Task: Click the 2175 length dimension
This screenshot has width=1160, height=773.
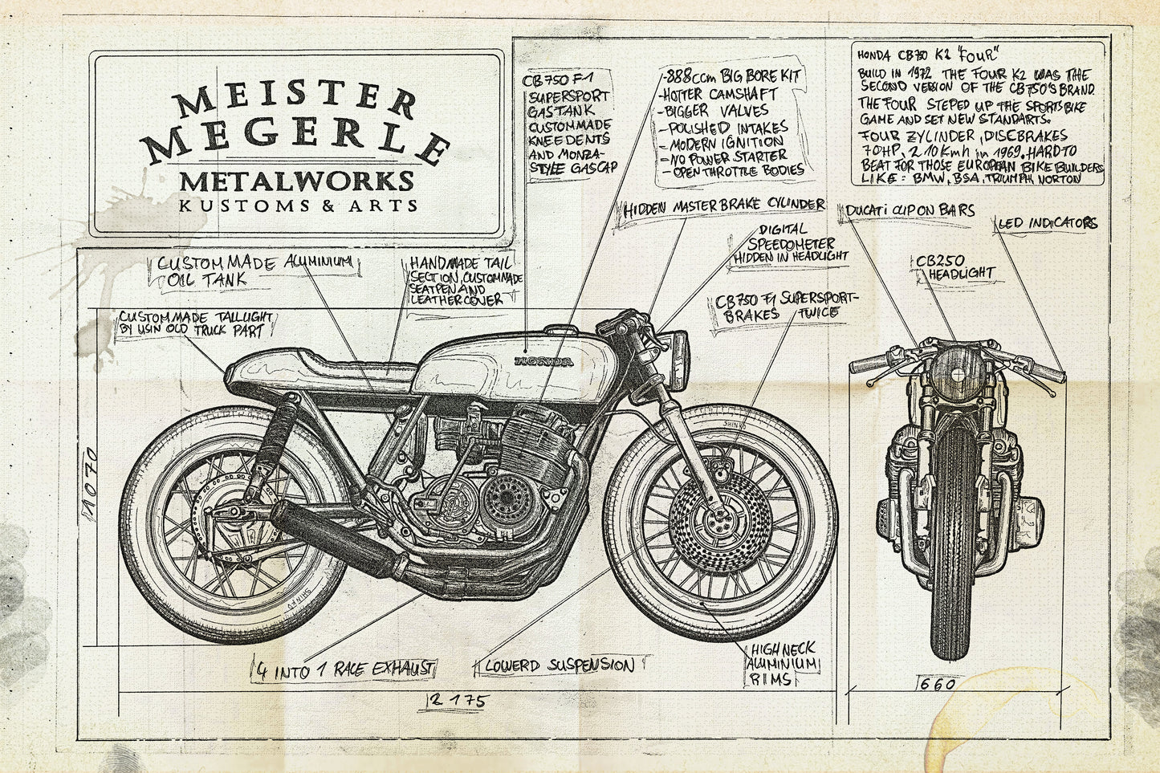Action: [x=457, y=701]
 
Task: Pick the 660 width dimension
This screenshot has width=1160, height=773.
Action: [x=938, y=685]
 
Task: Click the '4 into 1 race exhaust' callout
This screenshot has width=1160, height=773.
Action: [x=345, y=666]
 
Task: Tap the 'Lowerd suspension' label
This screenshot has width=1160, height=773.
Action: [x=559, y=665]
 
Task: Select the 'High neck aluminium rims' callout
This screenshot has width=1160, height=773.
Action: [x=783, y=665]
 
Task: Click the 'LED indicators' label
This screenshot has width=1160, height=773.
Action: [x=1047, y=222]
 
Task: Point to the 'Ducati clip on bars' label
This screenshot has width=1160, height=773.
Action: [x=910, y=210]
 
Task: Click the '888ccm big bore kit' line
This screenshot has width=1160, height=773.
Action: [x=732, y=78]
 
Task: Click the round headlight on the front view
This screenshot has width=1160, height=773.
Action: [x=957, y=373]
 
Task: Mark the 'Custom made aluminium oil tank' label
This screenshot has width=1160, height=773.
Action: [x=254, y=271]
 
